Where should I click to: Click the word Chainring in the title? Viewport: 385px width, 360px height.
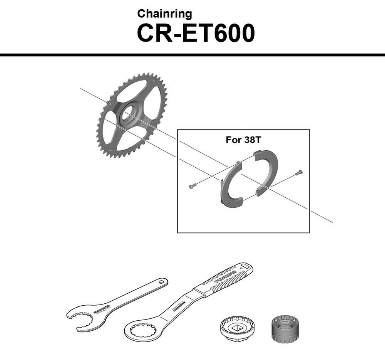(164, 14)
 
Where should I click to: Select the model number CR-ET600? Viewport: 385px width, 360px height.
(196, 33)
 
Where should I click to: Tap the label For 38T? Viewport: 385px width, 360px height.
(243, 140)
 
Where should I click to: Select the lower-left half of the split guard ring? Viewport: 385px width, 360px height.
(229, 186)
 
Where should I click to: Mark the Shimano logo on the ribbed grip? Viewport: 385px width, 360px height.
(223, 278)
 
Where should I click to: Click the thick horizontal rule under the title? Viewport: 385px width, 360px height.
(192, 55)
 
